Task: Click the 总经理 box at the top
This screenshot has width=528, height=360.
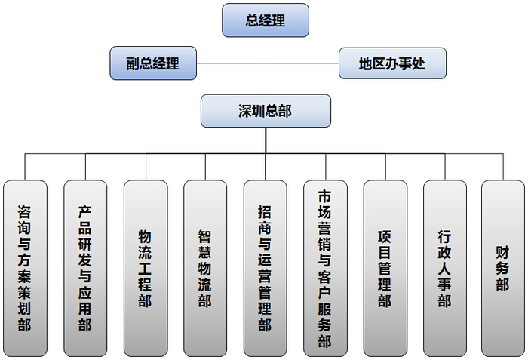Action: tap(266, 20)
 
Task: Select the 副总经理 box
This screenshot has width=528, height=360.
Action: tap(153, 63)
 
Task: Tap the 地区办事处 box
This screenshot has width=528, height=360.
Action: tap(391, 63)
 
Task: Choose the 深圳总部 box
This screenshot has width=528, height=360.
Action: tap(266, 111)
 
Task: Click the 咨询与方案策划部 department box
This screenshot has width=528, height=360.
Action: tap(25, 268)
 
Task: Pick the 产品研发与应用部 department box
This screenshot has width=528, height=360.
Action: tap(85, 268)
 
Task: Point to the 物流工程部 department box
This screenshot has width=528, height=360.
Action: tap(145, 268)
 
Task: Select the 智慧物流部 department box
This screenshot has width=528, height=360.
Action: tap(204, 268)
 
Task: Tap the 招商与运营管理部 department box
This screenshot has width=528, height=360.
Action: tap(265, 268)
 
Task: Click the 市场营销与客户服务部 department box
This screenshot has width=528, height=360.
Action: tap(325, 268)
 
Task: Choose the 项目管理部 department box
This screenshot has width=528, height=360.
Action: tap(385, 268)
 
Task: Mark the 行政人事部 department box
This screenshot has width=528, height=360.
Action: tap(444, 268)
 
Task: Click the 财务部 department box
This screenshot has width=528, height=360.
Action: tap(503, 268)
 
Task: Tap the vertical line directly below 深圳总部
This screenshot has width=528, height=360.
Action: tap(266, 140)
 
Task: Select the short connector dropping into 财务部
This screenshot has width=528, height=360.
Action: tap(503, 167)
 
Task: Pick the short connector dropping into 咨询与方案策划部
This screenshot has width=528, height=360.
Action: tap(25, 167)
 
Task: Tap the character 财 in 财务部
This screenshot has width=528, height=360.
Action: tap(503, 251)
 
